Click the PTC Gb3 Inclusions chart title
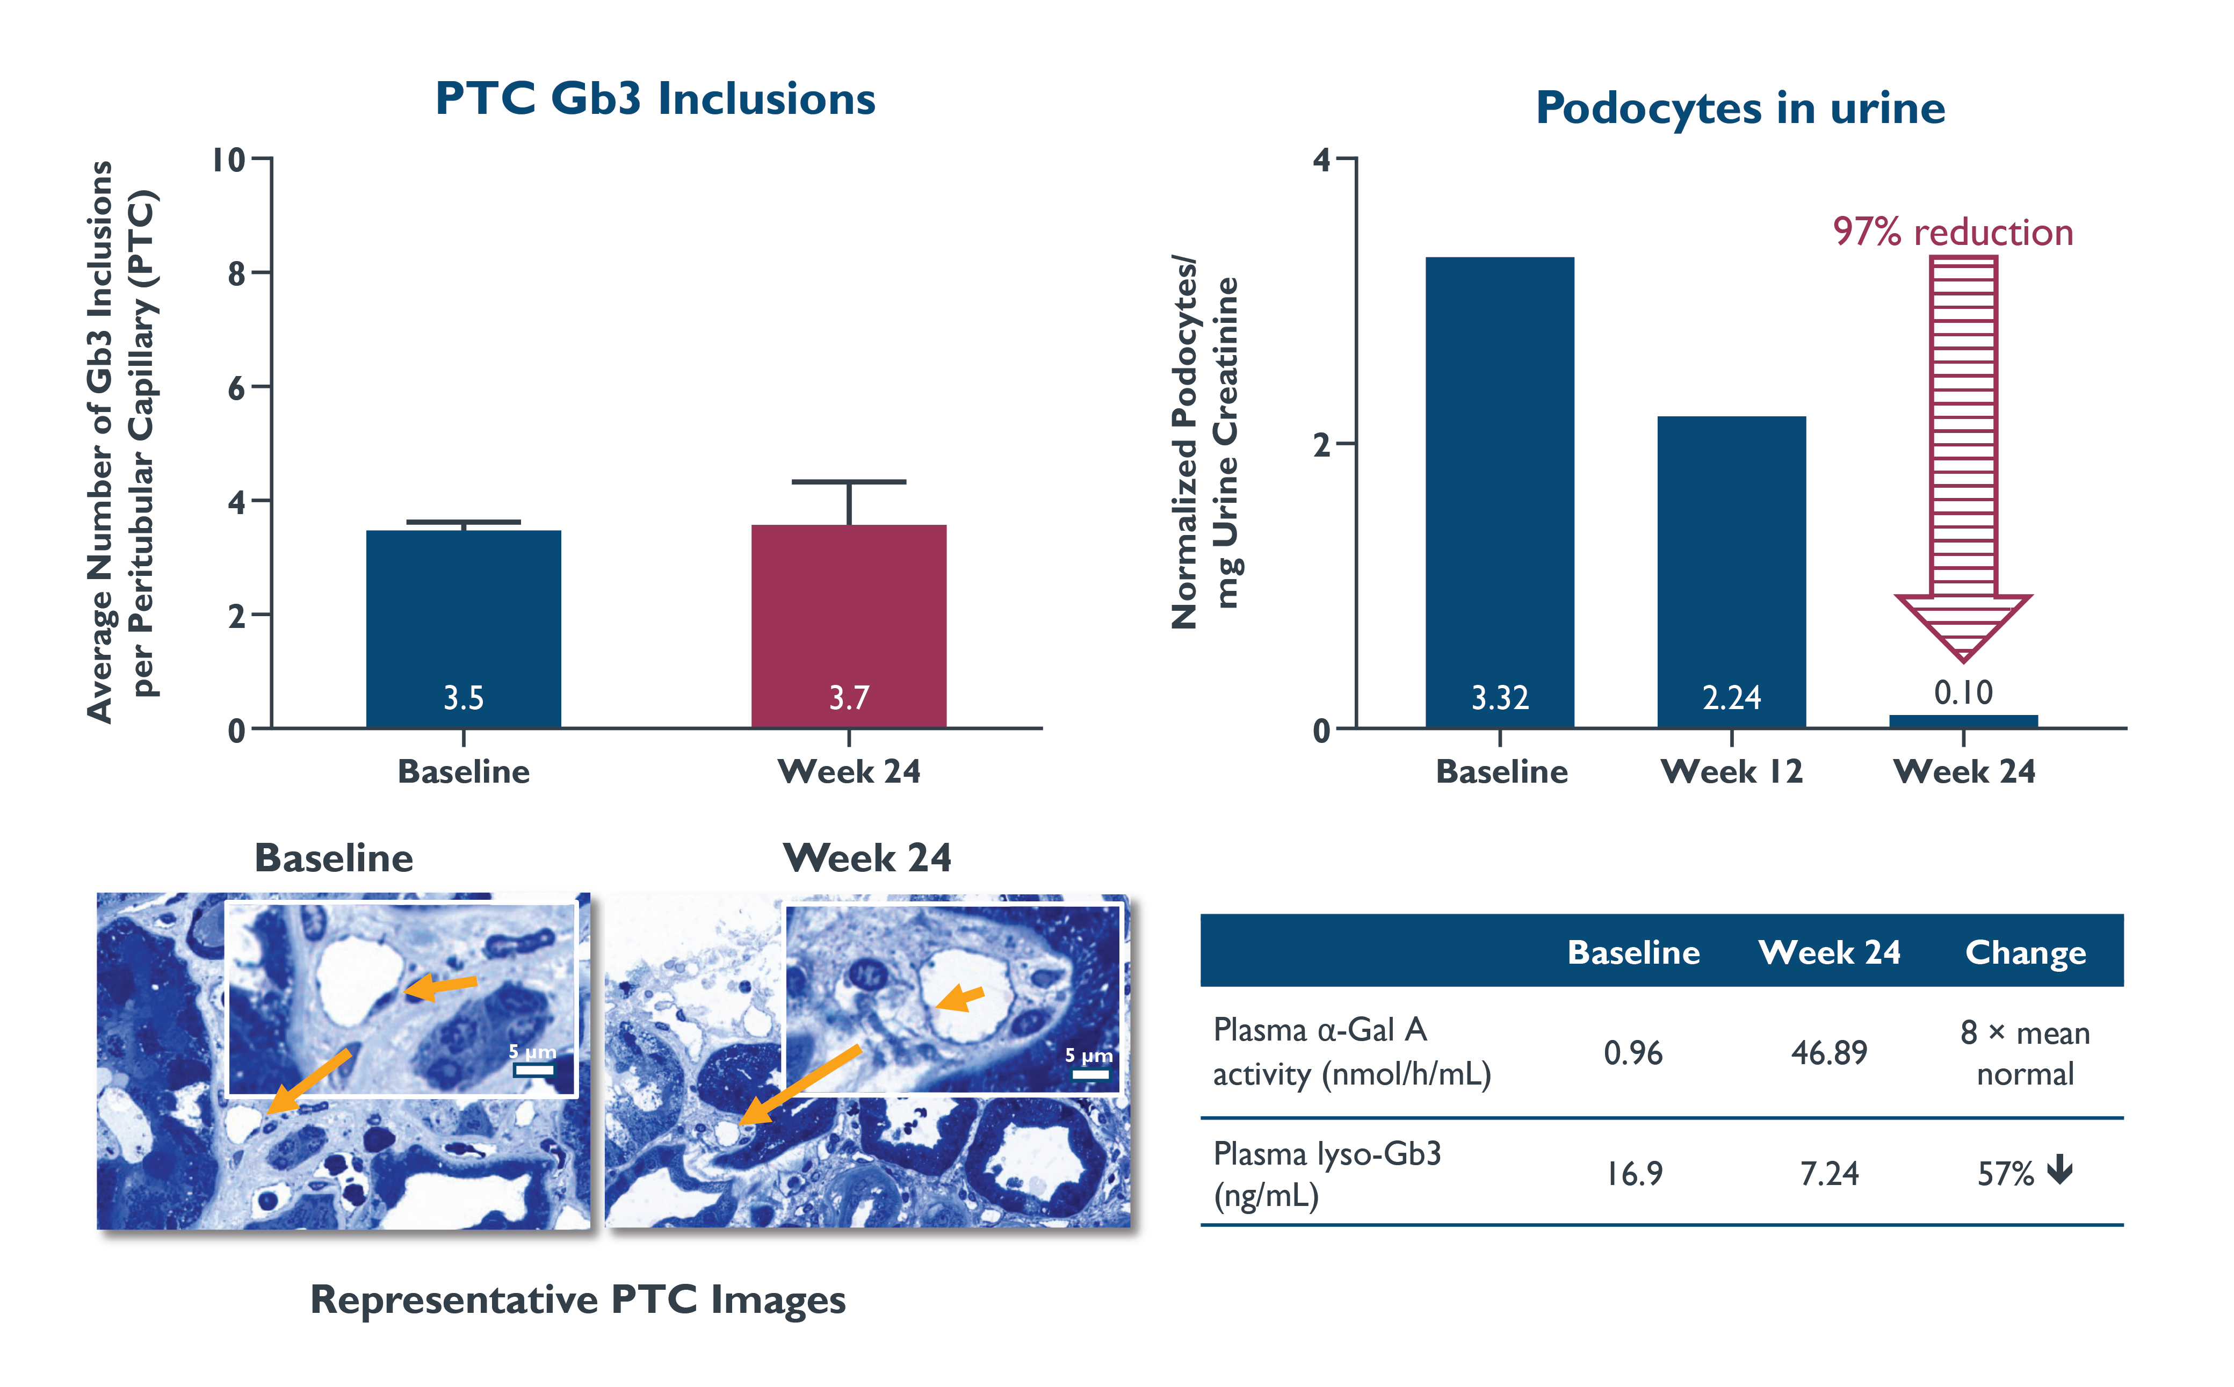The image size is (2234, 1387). [x=655, y=99]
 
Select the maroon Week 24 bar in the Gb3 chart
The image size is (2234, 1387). [x=848, y=624]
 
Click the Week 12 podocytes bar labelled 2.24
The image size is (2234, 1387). [x=1731, y=569]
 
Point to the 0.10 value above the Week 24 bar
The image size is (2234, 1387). [x=1963, y=692]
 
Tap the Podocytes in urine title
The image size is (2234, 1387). [x=1740, y=109]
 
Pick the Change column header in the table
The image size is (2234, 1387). [x=2025, y=952]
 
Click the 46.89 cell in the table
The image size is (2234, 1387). [x=1828, y=1053]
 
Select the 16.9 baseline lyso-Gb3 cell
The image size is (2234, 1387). [x=1633, y=1173]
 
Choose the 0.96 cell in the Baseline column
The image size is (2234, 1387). [x=1633, y=1053]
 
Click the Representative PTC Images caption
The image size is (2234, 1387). [x=578, y=1300]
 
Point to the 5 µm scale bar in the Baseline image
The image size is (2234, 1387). [x=533, y=1068]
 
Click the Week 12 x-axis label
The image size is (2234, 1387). [x=1731, y=771]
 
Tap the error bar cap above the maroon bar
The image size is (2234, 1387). [x=848, y=482]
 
